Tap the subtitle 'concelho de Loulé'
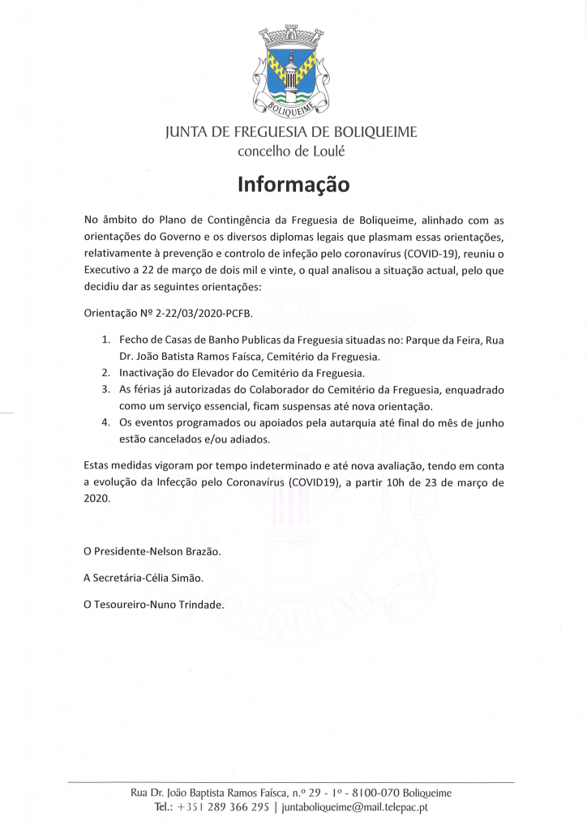pyautogui.click(x=291, y=152)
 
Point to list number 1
pyautogui.click(x=106, y=340)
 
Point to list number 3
pyautogui.click(x=106, y=390)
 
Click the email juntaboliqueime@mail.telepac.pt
pyautogui.click(x=354, y=807)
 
